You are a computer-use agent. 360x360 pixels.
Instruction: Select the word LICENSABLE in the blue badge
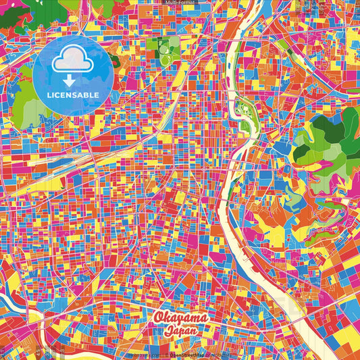(74, 95)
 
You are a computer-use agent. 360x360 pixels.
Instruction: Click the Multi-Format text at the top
(180, 3)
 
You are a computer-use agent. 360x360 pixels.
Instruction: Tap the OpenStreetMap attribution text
(190, 354)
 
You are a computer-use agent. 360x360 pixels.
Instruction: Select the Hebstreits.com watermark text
(143, 354)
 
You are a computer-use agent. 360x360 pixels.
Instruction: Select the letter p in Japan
(180, 333)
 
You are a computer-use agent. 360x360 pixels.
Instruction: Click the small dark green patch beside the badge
(115, 61)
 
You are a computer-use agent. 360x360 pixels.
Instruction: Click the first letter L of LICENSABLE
(50, 95)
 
